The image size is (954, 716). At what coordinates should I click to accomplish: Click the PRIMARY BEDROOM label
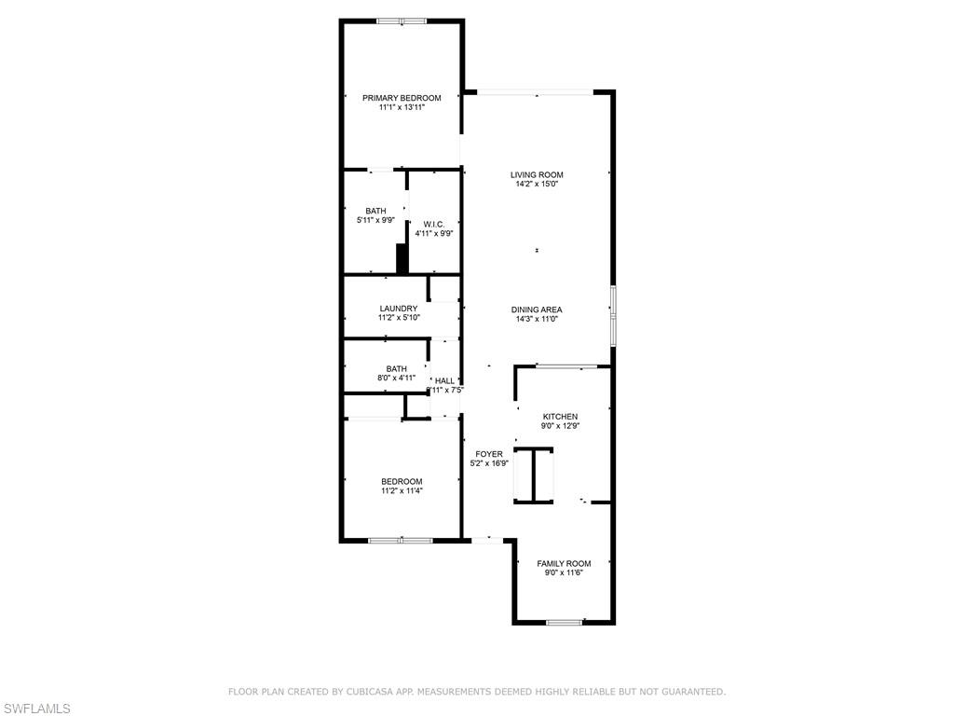[x=402, y=98]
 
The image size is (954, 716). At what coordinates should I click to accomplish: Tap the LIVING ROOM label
[x=537, y=174]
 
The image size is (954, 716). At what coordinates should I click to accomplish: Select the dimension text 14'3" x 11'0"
[x=537, y=319]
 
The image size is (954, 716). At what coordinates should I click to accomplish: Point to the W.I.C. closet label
[x=434, y=224]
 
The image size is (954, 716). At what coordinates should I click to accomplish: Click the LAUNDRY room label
[x=399, y=309]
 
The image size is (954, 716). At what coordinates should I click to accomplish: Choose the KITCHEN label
[x=561, y=417]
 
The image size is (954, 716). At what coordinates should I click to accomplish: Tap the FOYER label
[x=489, y=454]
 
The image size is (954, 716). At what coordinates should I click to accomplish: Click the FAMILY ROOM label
[x=564, y=563]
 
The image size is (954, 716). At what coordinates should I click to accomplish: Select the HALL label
[x=445, y=380]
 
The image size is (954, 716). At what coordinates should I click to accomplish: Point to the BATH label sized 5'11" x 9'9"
[x=375, y=211]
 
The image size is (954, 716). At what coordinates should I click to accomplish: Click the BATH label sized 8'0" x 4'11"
[x=397, y=368]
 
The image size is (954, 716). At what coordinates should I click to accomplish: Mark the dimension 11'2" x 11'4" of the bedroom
[x=402, y=491]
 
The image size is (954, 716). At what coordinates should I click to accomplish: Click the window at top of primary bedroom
[x=402, y=21]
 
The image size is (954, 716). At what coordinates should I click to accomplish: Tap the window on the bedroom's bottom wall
[x=401, y=540]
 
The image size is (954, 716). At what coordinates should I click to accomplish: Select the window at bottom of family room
[x=564, y=622]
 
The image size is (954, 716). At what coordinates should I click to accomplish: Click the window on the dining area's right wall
[x=612, y=317]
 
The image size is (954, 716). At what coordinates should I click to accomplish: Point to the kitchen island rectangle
[x=534, y=476]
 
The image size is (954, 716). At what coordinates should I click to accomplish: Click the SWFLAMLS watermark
[x=35, y=709]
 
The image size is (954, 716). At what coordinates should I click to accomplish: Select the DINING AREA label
[x=537, y=310]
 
